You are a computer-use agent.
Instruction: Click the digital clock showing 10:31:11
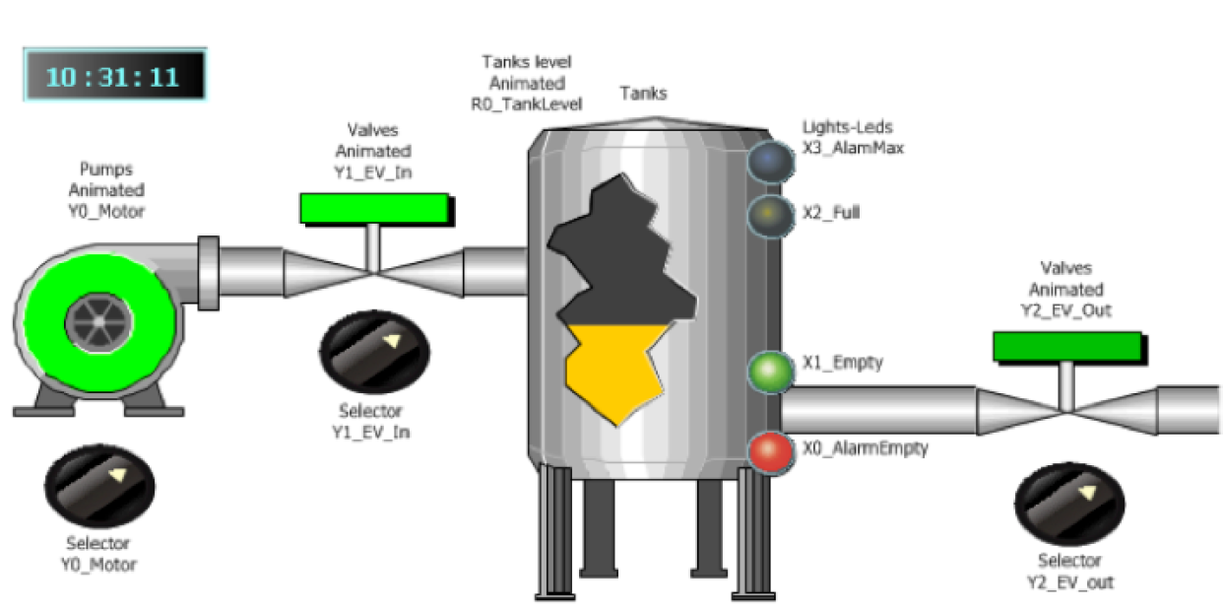114,75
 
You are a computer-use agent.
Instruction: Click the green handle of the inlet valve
374,208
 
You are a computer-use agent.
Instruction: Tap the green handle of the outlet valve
1066,346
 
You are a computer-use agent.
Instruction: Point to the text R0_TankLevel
526,103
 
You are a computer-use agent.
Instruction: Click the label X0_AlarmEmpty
865,448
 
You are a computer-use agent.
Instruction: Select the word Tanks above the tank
643,94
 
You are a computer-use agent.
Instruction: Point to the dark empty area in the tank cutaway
615,256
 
